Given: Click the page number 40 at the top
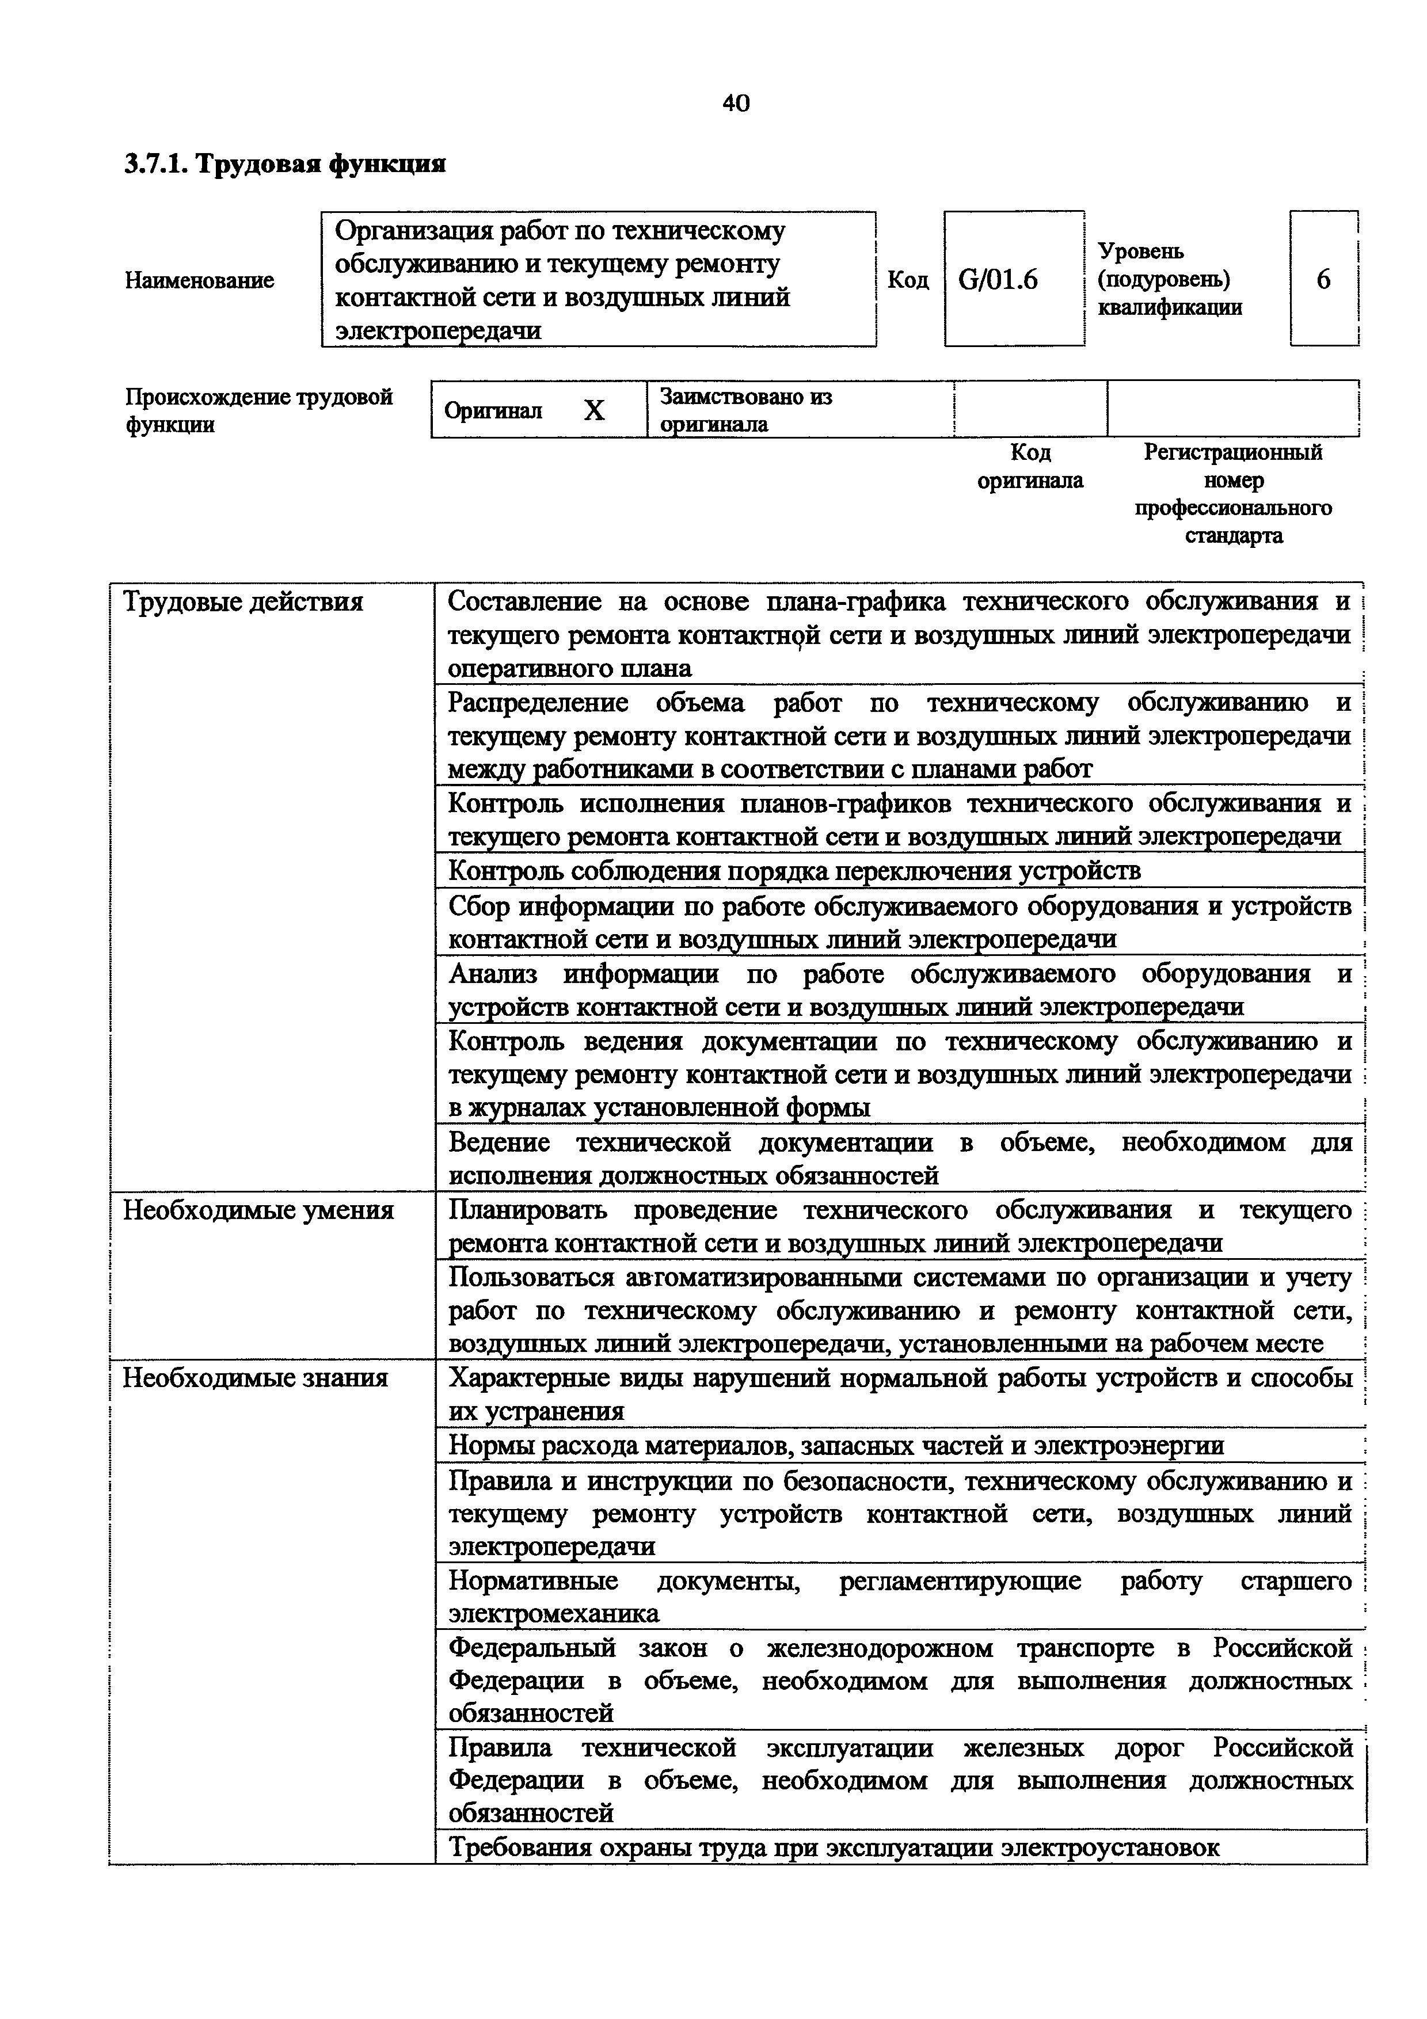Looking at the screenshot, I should pyautogui.click(x=736, y=104).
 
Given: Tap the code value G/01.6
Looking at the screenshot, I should pyautogui.click(x=998, y=280).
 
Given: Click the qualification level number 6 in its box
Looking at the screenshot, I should pyautogui.click(x=1323, y=280).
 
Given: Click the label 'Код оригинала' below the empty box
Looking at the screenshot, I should pyautogui.click(x=1030, y=466).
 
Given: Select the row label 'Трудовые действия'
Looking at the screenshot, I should pyautogui.click(x=243, y=603).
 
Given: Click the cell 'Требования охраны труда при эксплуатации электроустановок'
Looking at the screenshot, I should pyautogui.click(x=834, y=1847).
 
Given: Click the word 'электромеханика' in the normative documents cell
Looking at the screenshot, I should pyautogui.click(x=554, y=1614).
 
